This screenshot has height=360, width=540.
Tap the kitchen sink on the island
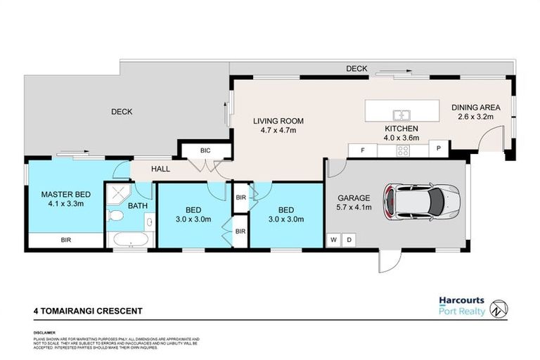402,114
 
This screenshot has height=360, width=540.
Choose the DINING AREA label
476,112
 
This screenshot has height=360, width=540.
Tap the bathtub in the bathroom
129,240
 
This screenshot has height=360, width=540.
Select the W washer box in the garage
333,240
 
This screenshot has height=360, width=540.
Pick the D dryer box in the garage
348,240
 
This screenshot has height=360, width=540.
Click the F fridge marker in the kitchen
362,149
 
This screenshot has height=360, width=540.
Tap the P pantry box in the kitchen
438,149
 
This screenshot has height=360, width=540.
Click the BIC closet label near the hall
205,150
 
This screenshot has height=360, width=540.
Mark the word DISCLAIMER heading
44,331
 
